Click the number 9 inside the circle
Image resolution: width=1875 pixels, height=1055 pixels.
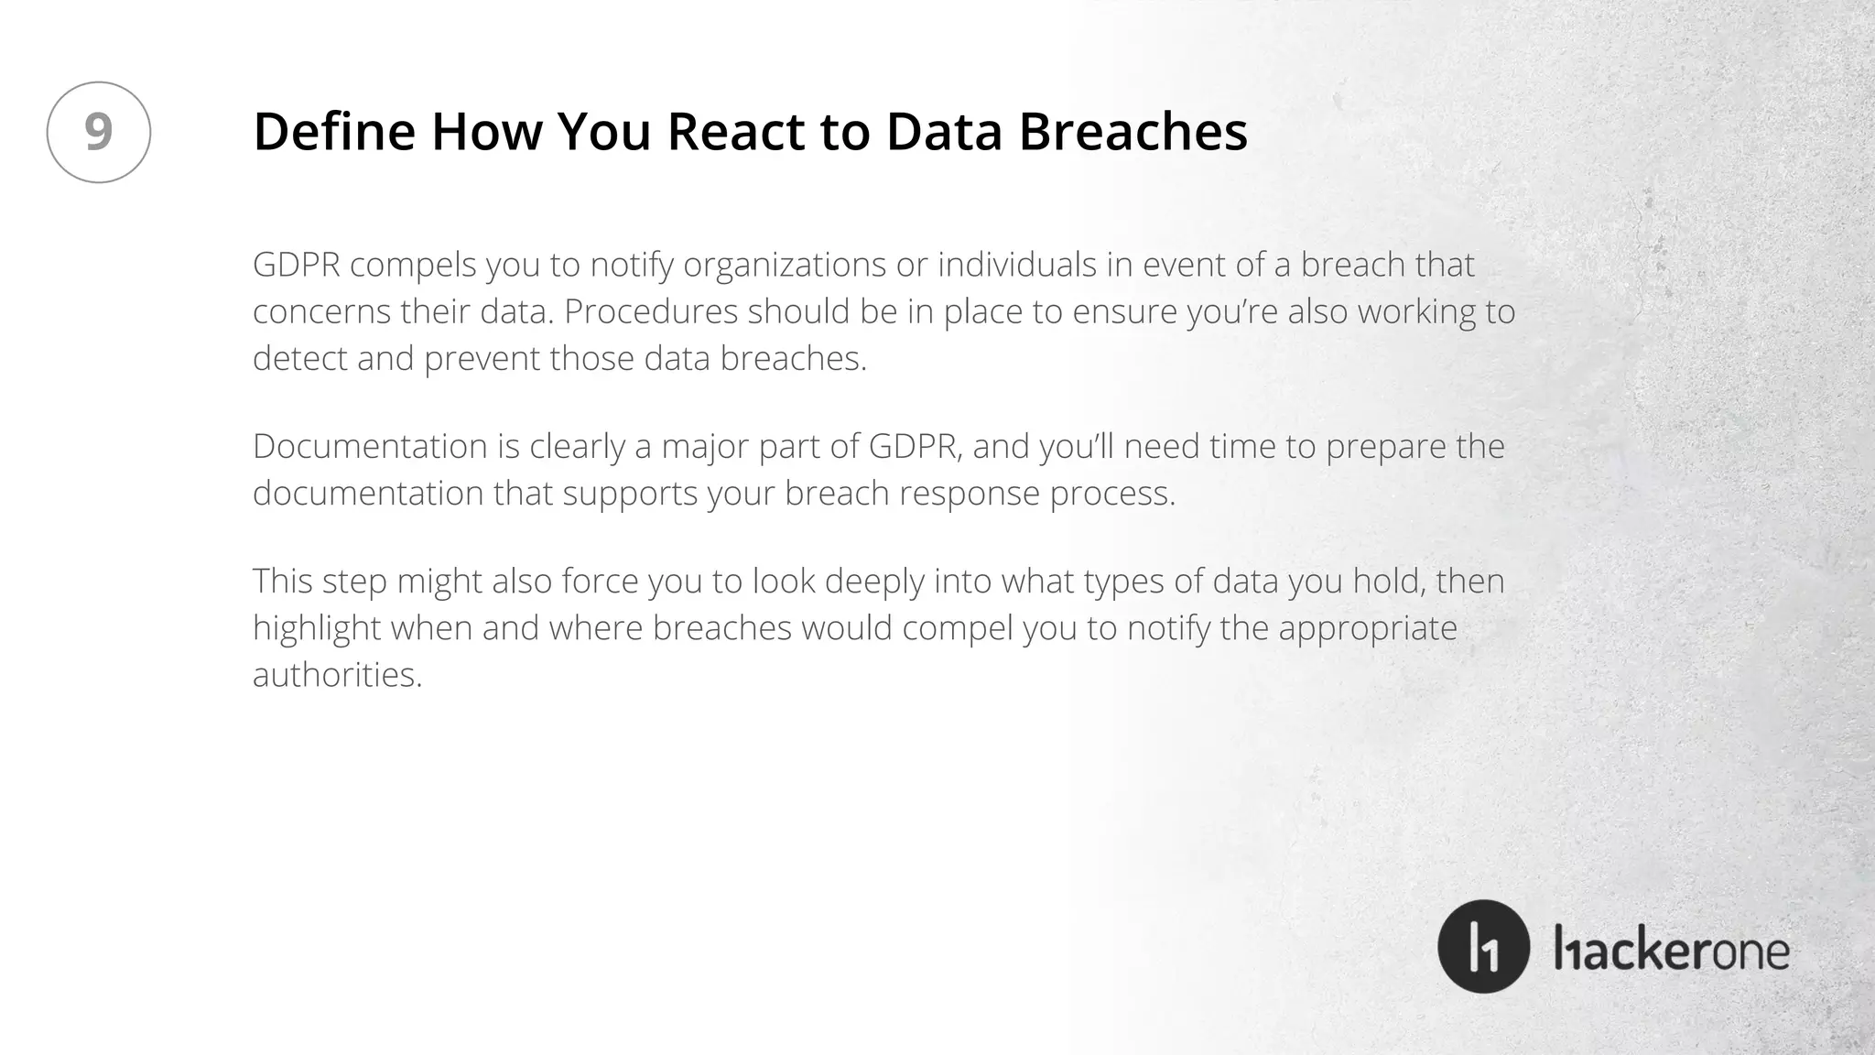pos(99,132)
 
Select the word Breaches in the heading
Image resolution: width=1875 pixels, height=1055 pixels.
pos(1133,131)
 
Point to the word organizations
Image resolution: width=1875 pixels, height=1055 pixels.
pos(785,265)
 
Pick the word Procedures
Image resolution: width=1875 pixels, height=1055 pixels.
pos(651,311)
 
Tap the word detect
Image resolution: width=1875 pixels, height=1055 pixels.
pos(299,358)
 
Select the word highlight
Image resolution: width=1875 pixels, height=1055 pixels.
pos(317,628)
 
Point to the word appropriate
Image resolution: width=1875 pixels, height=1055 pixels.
pos(1367,628)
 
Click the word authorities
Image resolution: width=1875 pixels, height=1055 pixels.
pos(337,675)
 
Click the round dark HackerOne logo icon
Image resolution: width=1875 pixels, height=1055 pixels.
pos(1483,947)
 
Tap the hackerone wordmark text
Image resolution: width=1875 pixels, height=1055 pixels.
pos(1672,951)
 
